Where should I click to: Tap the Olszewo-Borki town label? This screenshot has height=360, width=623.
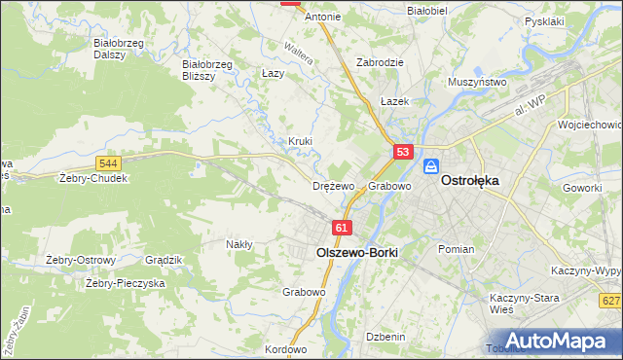(357, 250)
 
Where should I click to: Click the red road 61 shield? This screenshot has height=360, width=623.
(341, 227)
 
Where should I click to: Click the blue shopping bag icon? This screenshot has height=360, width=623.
(432, 167)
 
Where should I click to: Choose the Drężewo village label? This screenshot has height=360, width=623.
(333, 186)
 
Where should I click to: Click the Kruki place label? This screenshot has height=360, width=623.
(300, 141)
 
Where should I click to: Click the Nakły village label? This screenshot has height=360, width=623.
(239, 244)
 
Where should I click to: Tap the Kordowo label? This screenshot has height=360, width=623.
(285, 349)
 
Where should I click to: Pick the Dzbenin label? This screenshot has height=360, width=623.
(385, 336)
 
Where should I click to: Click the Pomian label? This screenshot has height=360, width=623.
(456, 249)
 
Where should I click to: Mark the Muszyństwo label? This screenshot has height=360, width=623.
(477, 83)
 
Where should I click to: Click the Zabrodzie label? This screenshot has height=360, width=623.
(381, 61)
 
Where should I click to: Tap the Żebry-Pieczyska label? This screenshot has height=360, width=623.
(126, 283)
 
